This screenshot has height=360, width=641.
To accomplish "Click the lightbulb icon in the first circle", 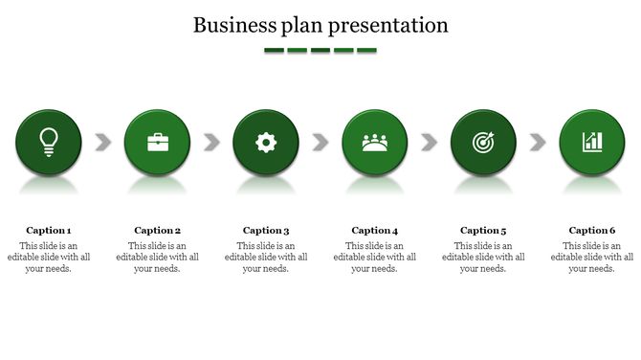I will coord(48,142).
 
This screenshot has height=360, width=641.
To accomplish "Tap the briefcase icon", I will coord(157,143).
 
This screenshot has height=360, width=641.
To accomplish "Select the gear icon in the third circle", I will coord(266,143).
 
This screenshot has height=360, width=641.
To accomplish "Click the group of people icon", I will coord(375,143).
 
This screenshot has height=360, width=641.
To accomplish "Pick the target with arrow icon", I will coord(483,143).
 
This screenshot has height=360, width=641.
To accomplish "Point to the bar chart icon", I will coord(592,143).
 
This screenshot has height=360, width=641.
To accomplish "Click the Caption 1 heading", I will coord(49,230).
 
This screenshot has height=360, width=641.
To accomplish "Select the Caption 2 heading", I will coord(158,230).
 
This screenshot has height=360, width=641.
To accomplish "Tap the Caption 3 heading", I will coord(266,230).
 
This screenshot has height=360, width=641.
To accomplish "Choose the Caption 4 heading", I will coord(375,230).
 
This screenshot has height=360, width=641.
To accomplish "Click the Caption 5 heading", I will coord(483,230).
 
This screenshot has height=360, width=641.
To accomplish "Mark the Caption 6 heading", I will coord(592,230).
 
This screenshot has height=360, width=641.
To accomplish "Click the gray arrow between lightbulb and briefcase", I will coord(103,143).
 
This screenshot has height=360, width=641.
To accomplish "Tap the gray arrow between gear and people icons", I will coord(320,143).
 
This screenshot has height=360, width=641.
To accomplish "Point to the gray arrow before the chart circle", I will coord(538,143).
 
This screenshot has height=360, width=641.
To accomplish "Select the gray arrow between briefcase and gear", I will coord(211,143).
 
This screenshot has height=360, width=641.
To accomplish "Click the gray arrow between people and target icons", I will coord(429,143).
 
